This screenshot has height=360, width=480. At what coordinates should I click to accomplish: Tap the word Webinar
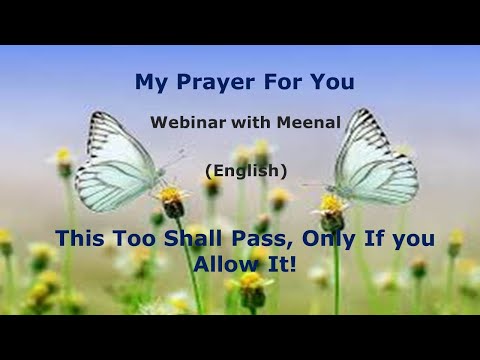click(x=184, y=123)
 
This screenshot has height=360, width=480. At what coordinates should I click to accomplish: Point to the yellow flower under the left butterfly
click(x=172, y=198)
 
